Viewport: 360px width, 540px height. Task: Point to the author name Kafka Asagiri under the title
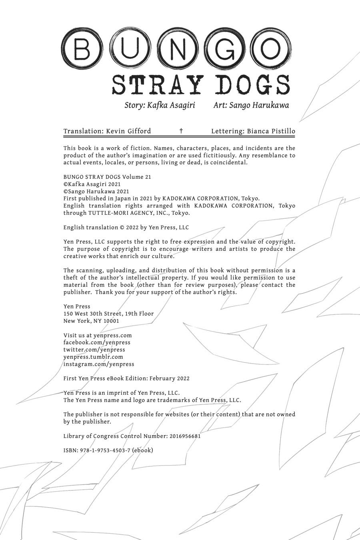(171, 105)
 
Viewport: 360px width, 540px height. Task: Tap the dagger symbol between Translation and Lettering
(181, 131)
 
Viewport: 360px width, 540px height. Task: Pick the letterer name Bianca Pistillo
(271, 131)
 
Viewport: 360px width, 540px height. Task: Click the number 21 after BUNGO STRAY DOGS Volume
(147, 177)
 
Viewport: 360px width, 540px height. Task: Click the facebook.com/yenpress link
(97, 342)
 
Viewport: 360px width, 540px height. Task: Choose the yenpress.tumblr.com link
(93, 357)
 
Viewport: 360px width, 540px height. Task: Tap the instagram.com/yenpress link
(99, 364)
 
